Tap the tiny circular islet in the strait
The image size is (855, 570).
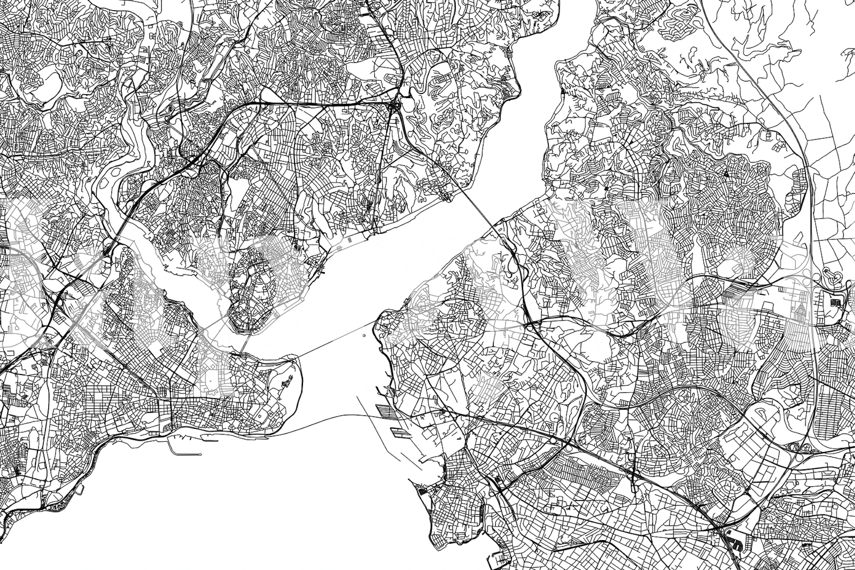364,336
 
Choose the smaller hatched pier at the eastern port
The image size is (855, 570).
395,430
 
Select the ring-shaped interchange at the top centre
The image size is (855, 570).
395,106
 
